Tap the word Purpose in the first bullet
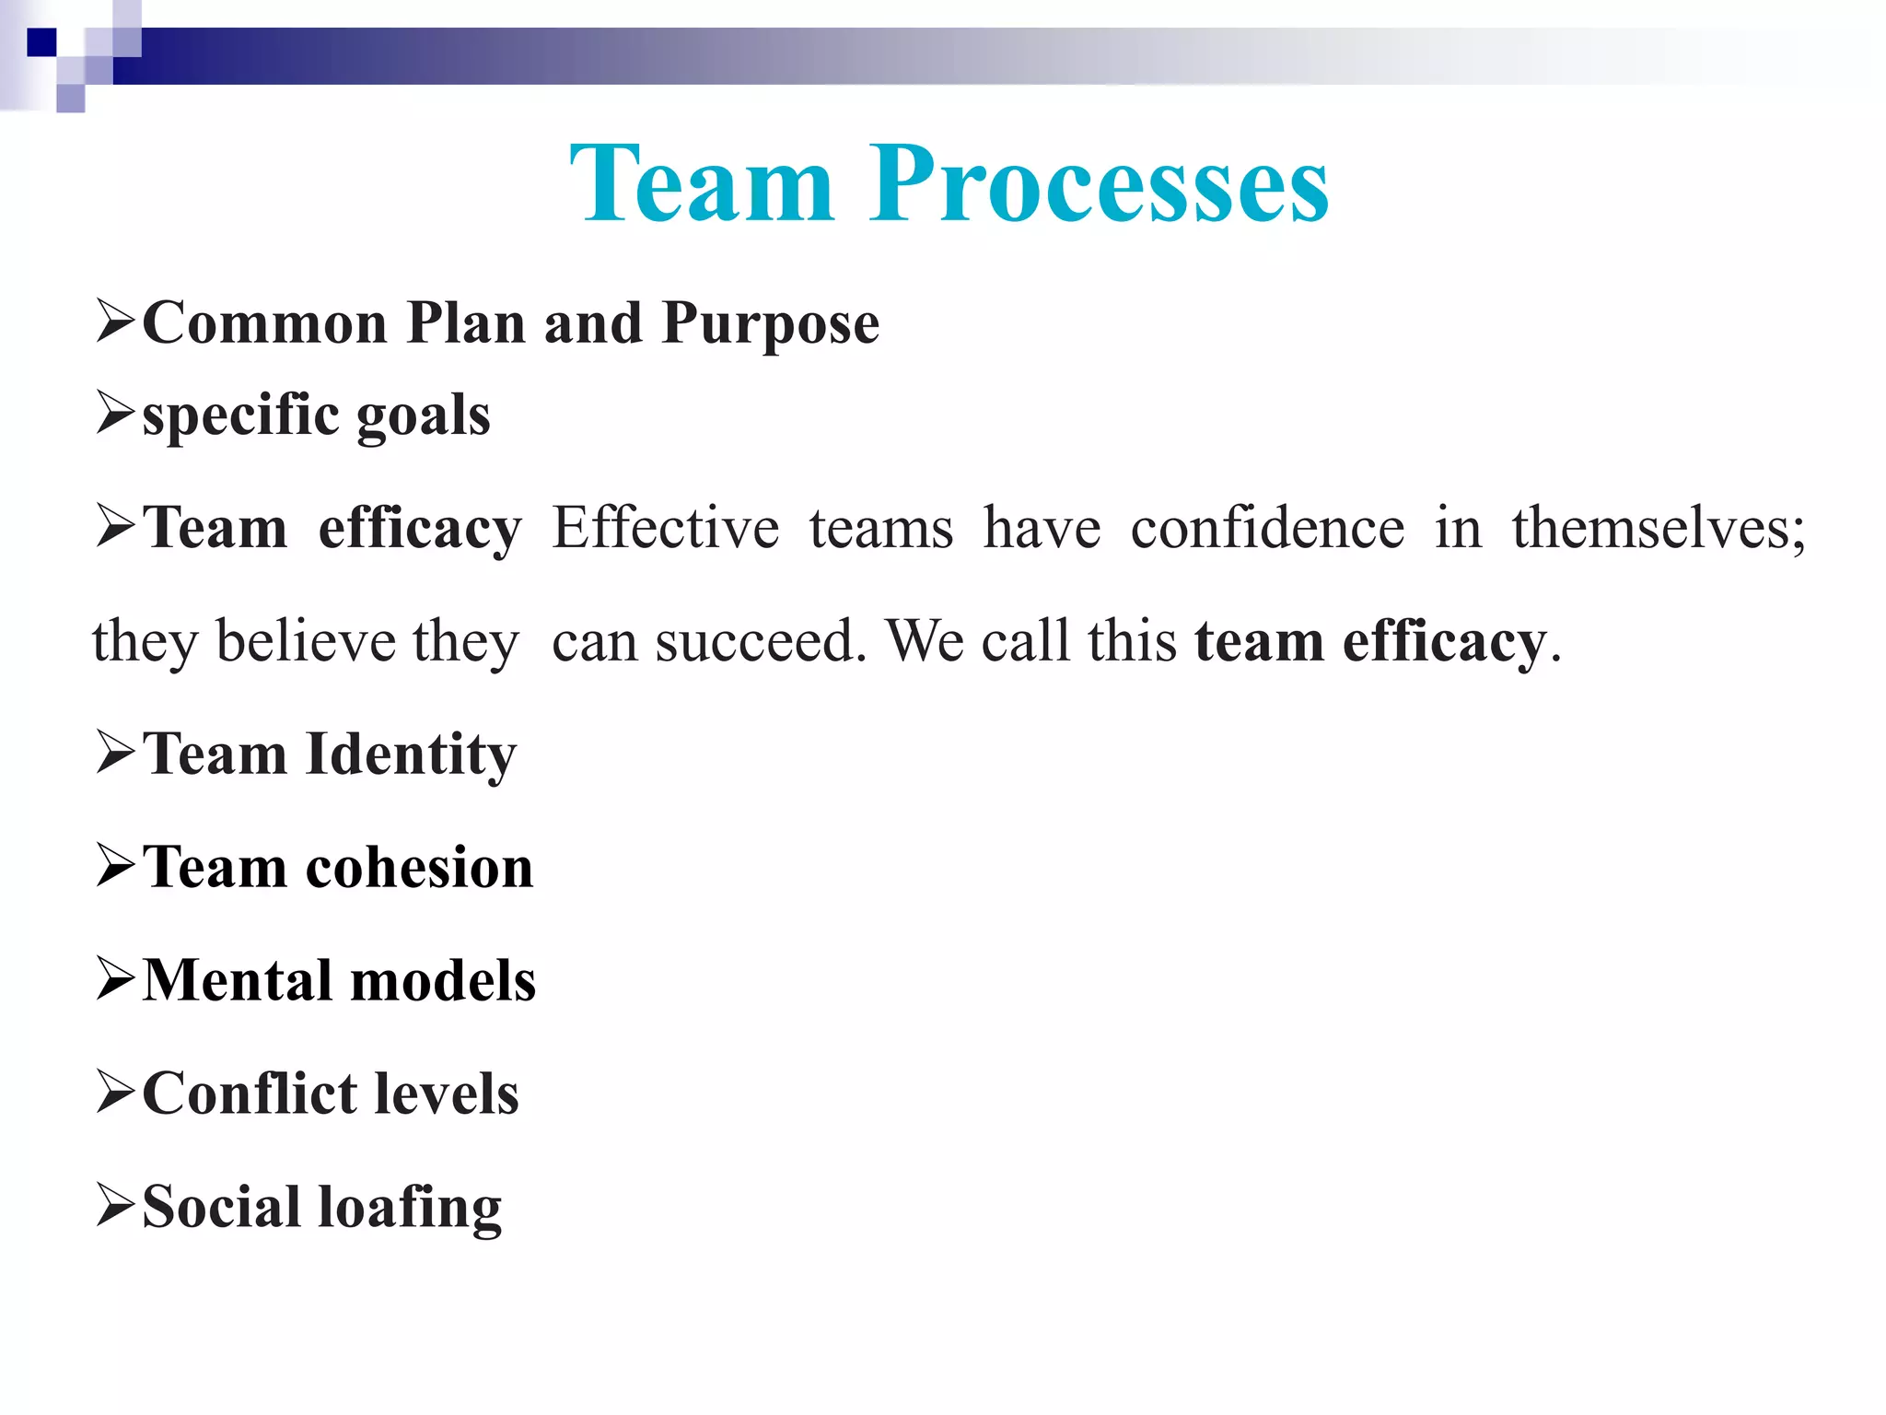(770, 324)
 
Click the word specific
(241, 415)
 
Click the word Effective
(665, 529)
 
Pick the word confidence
(1267, 529)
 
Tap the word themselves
(1658, 529)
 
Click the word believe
(306, 641)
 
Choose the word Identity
(411, 755)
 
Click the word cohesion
(419, 868)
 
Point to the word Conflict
(250, 1093)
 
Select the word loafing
(410, 1208)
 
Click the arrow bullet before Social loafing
(115, 1206)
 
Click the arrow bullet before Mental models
(115, 979)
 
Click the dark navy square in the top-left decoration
(41, 42)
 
